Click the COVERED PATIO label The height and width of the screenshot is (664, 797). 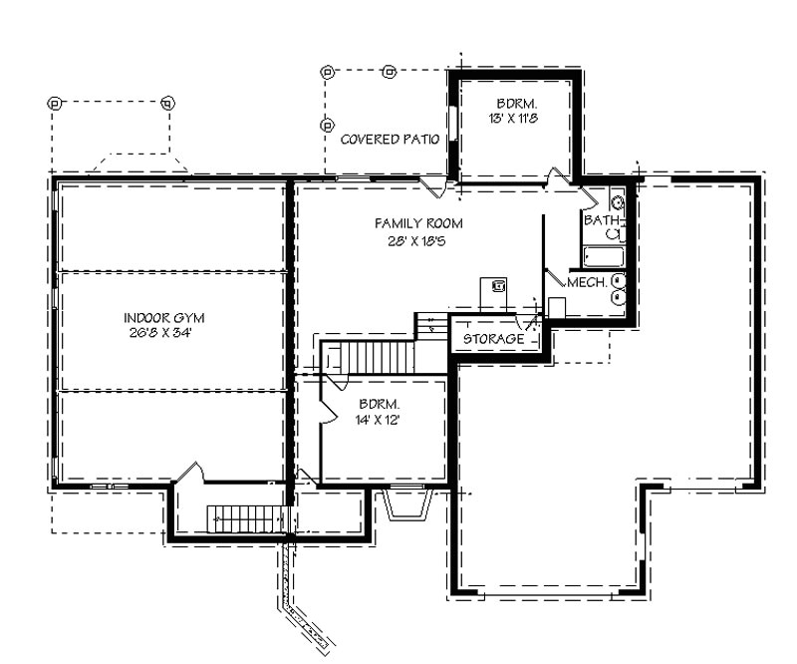coord(390,140)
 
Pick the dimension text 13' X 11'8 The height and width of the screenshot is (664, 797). coord(517,118)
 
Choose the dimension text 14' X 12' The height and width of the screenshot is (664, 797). coord(380,420)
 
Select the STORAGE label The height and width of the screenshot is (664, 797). coord(493,339)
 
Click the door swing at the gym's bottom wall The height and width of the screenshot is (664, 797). coord(189,472)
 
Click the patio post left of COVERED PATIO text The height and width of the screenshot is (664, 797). coord(327,125)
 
